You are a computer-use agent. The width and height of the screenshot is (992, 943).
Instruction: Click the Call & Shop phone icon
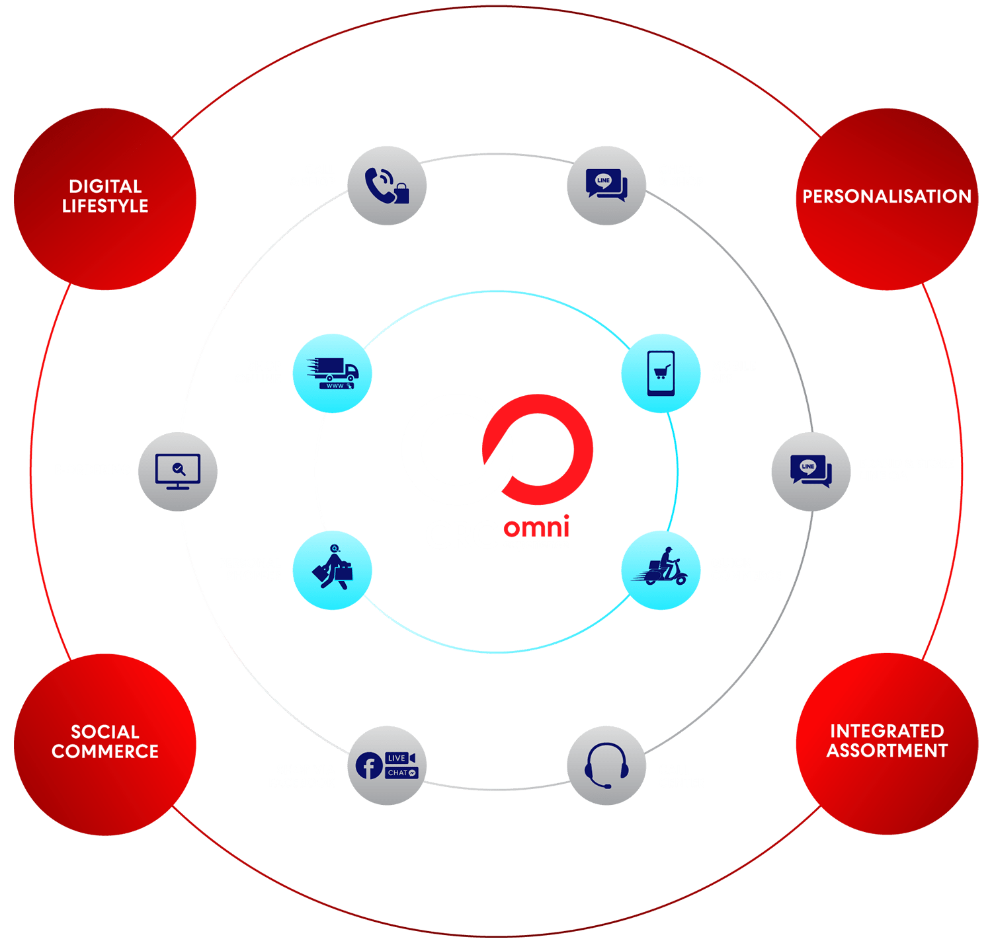tap(387, 186)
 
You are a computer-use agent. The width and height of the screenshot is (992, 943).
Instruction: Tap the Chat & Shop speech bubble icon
tap(606, 186)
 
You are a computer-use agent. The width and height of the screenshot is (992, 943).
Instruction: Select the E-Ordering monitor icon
tap(178, 471)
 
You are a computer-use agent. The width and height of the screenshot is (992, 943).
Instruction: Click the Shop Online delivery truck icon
tap(332, 373)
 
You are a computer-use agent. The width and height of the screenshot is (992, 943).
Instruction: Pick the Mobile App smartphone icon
tap(661, 373)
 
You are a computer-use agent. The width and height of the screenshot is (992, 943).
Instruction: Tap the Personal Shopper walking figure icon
tap(332, 570)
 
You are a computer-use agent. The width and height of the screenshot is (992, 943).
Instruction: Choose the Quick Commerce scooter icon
tap(661, 570)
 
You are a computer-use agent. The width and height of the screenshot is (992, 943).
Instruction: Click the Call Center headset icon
tap(606, 765)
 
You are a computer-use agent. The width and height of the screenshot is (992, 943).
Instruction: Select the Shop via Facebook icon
tap(387, 765)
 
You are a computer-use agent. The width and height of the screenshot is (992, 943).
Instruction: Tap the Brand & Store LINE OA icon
tap(811, 471)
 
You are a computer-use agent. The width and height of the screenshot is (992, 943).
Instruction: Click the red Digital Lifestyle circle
tap(105, 198)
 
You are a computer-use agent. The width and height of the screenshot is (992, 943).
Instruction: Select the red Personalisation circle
tap(887, 198)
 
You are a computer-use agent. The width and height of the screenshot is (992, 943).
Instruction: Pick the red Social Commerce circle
tap(105, 743)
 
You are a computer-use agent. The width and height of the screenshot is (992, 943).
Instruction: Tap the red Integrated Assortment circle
tap(887, 743)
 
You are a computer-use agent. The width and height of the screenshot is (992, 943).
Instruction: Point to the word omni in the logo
tap(536, 528)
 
